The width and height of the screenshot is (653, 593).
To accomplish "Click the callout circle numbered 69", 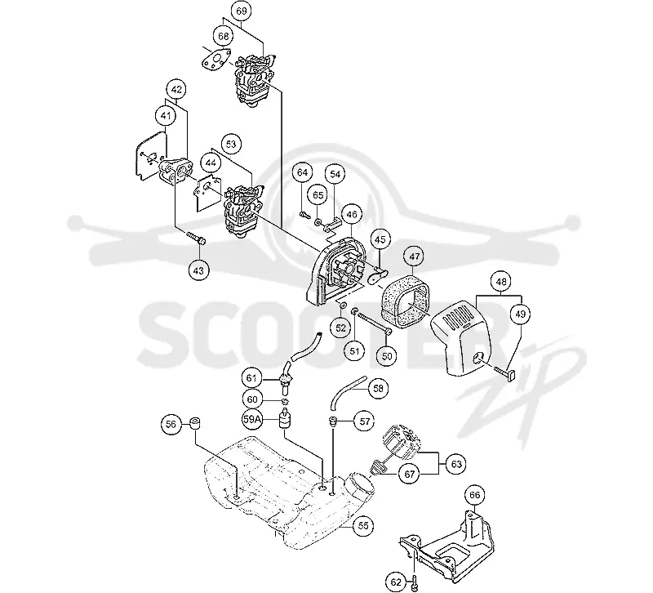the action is coord(242,11).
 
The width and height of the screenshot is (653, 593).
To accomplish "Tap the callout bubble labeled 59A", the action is coord(252,419).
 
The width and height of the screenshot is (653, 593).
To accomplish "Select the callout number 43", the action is coord(198,270).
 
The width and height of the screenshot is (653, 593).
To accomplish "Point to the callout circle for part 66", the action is coord(475,495).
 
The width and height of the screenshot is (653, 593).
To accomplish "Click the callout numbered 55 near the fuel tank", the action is coord(363,526).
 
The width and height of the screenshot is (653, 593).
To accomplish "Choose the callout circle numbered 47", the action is coord(415,256).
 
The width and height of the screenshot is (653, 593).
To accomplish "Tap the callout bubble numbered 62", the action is coord(396,582).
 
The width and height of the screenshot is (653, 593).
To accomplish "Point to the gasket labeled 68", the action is coord(216,59).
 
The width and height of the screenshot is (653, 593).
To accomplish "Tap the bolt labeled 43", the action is coord(196,238).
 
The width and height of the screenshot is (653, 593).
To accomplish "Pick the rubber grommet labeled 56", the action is coord(195,423).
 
